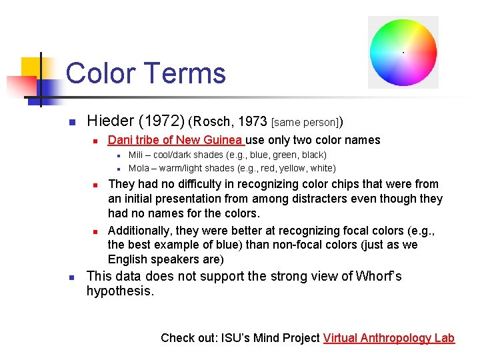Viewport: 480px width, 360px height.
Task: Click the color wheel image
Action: point(403,53)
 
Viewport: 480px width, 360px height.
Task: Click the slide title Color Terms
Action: point(146,73)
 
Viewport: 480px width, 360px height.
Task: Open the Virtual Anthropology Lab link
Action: point(389,338)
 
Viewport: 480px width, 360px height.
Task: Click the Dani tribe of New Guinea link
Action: point(175,140)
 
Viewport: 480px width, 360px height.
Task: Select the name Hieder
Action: point(111,121)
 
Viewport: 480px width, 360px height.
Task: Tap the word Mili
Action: point(137,155)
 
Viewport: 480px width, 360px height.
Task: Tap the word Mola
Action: point(139,168)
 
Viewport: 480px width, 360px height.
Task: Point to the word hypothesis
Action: point(119,291)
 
